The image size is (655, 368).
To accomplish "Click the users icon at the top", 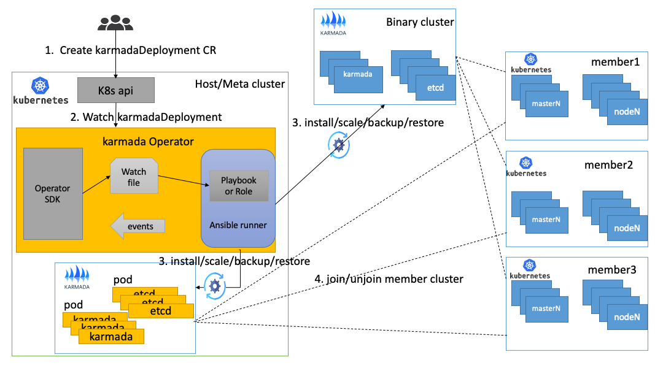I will [x=115, y=23].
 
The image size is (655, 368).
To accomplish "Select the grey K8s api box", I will [x=115, y=90].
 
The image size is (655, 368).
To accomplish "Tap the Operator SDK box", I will [x=53, y=193].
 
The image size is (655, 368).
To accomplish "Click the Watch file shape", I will [x=134, y=176].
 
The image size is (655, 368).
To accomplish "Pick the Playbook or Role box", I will [x=239, y=186].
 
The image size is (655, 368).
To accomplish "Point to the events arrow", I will [x=138, y=226].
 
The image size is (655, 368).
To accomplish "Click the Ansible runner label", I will [x=238, y=225].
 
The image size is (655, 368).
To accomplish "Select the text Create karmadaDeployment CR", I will [x=131, y=50].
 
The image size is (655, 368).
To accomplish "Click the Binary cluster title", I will [x=420, y=22].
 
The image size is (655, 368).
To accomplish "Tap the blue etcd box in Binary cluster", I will [x=436, y=88].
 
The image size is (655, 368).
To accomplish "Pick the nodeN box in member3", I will [x=627, y=317].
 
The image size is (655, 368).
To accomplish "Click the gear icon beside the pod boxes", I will [x=215, y=286].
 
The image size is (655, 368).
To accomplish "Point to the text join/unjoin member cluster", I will [x=389, y=279].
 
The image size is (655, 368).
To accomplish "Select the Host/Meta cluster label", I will [x=239, y=83].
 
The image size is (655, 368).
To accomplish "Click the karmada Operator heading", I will [x=148, y=142].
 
